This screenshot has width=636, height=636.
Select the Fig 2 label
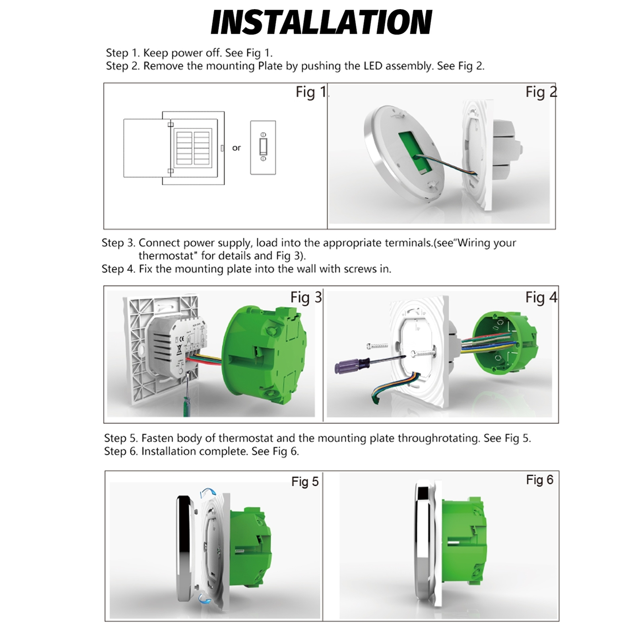click(x=541, y=92)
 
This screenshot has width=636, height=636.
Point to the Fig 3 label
click(x=306, y=297)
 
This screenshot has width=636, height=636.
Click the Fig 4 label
click(x=541, y=297)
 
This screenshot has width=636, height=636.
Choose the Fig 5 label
click(x=305, y=482)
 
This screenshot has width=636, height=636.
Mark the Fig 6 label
click(x=539, y=480)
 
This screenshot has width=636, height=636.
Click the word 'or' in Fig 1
click(x=237, y=148)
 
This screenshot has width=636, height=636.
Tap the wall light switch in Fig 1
click(x=263, y=147)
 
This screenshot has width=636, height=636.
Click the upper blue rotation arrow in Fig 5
click(x=207, y=493)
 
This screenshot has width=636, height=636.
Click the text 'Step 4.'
click(x=118, y=269)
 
